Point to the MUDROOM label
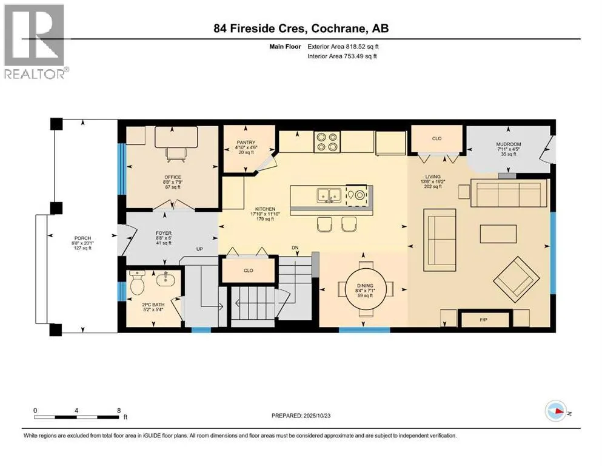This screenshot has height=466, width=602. coord(508,144)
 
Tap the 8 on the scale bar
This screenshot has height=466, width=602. coord(118,410)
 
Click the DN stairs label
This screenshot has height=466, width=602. coord(296,248)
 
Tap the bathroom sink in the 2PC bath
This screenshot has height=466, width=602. coord(163,280)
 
